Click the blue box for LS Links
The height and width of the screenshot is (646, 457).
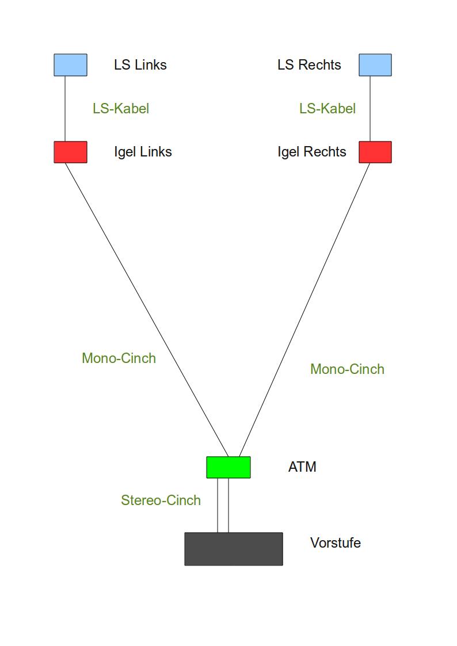70,65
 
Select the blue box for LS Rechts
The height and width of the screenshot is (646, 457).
375,65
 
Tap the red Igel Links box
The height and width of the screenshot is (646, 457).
70,152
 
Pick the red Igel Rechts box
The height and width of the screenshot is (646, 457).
375,152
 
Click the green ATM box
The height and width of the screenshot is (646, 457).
228,467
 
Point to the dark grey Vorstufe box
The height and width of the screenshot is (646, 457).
233,549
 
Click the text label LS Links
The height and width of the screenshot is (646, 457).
140,65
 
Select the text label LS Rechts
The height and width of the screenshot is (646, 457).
309,65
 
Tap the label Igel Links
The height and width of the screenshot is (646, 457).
143,152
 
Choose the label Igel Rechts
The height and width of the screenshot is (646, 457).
312,152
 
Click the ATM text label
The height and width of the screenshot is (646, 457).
302,467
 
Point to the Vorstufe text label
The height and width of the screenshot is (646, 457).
335,543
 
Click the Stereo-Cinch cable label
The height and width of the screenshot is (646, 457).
161,500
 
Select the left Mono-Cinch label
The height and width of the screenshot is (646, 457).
119,358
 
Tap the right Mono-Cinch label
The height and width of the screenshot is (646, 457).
347,369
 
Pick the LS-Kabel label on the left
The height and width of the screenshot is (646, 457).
121,109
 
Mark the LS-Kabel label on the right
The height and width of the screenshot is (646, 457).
327,109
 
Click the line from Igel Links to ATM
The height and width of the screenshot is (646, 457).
147,309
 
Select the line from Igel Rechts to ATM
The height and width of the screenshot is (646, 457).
304,309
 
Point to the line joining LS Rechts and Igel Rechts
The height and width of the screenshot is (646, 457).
370,109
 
